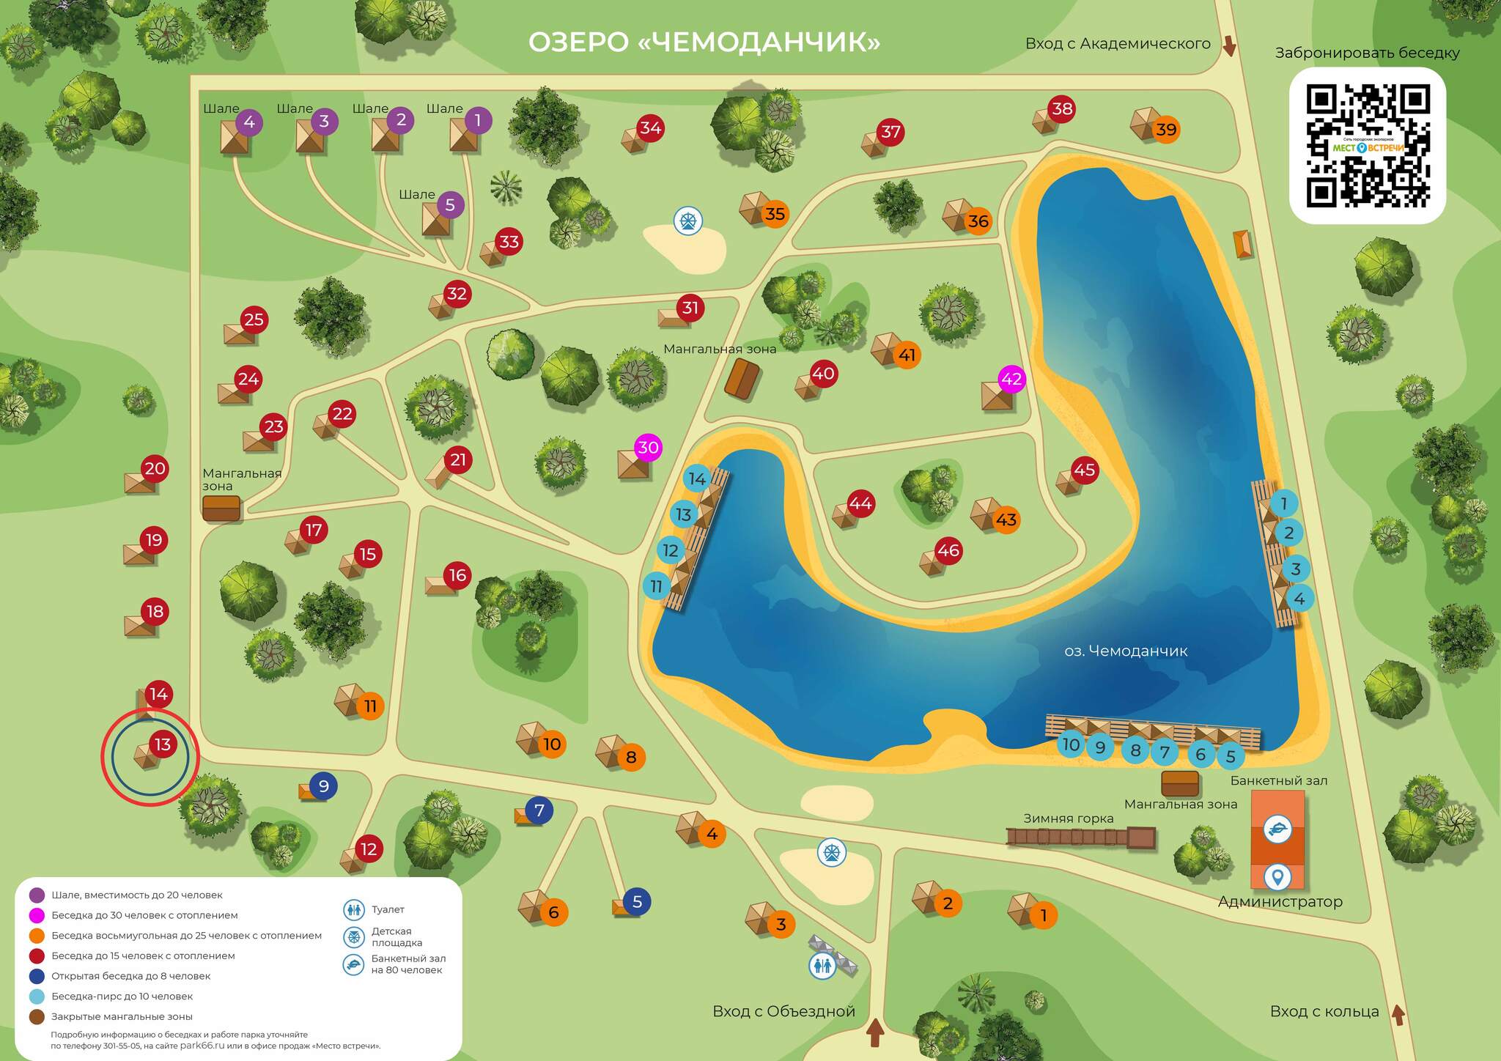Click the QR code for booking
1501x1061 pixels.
pyautogui.click(x=1368, y=145)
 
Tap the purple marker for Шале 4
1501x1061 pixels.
pyautogui.click(x=249, y=122)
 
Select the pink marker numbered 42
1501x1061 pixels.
pyautogui.click(x=1011, y=379)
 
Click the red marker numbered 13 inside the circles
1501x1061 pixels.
pyautogui.click(x=162, y=744)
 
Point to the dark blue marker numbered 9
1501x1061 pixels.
pyautogui.click(x=323, y=786)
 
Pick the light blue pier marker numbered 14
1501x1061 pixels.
pyautogui.click(x=697, y=479)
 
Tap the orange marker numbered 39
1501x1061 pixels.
pyautogui.click(x=1165, y=130)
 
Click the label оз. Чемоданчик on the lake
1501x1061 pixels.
pyautogui.click(x=1125, y=651)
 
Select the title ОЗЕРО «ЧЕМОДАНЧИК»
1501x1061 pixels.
pyautogui.click(x=704, y=42)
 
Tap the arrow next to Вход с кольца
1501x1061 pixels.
pyautogui.click(x=1398, y=1015)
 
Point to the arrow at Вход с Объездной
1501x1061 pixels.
pyautogui.click(x=875, y=1033)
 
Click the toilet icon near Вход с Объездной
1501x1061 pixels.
pyautogui.click(x=822, y=966)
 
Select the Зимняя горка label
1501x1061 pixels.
pyautogui.click(x=1068, y=818)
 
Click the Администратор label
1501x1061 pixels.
pyautogui.click(x=1280, y=902)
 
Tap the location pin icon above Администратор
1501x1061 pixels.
pyautogui.click(x=1277, y=876)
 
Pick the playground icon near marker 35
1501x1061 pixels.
pyautogui.click(x=688, y=220)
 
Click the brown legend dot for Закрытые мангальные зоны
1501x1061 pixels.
pyautogui.click(x=37, y=1016)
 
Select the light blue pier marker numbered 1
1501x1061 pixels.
pyautogui.click(x=1283, y=503)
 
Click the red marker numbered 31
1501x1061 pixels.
pyautogui.click(x=690, y=308)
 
